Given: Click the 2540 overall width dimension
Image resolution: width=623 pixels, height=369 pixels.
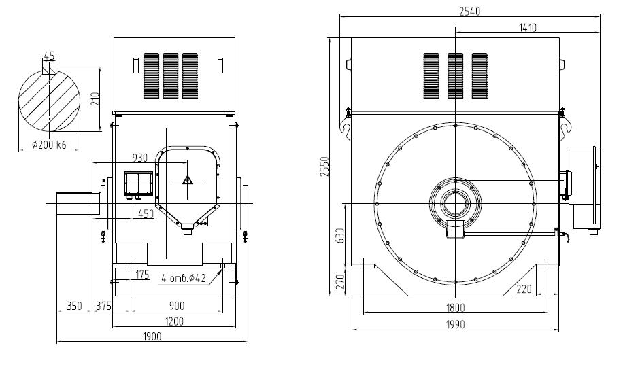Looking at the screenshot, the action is pyautogui.click(x=470, y=12).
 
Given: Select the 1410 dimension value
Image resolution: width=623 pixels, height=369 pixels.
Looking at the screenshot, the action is pyautogui.click(x=528, y=28).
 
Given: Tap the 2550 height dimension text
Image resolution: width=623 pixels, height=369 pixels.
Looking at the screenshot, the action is pyautogui.click(x=325, y=166).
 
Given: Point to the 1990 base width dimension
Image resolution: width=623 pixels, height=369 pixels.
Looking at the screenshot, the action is pyautogui.click(x=455, y=325).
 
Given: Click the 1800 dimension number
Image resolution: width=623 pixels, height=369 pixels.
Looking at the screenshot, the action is pyautogui.click(x=455, y=308).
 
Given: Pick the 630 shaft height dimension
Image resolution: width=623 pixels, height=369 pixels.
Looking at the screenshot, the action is pyautogui.click(x=340, y=236).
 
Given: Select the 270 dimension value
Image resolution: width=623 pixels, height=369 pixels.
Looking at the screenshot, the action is pyautogui.click(x=340, y=282).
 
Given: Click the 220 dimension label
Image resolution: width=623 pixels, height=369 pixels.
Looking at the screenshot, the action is pyautogui.click(x=524, y=289).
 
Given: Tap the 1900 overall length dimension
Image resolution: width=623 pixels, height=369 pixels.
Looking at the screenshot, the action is pyautogui.click(x=152, y=337).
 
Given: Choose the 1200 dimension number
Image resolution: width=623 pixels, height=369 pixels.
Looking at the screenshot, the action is pyautogui.click(x=174, y=321).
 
